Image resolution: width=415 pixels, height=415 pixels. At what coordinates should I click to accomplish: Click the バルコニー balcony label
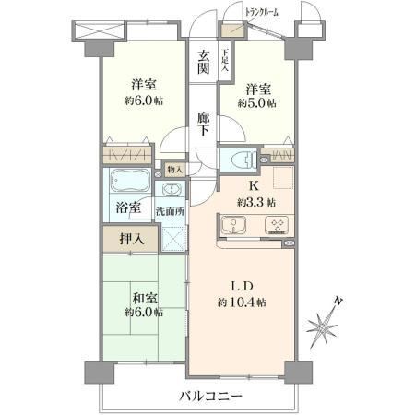coord(210,396)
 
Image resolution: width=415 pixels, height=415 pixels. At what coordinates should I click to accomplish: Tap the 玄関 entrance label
coord(203,62)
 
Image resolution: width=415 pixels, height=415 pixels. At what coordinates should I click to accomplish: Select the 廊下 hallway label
coord(203,125)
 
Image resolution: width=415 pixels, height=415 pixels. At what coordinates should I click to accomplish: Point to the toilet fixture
coord(243,160)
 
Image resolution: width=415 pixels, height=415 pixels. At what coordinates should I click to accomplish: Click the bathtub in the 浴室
coord(130,181)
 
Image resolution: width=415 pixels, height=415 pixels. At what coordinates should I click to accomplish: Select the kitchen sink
coord(233,225)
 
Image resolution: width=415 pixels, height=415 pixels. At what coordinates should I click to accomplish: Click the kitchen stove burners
coord(277,225)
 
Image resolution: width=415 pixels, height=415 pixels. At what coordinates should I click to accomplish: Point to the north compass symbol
coord(323,324)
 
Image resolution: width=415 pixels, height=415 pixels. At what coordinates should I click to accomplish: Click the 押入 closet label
coord(132,239)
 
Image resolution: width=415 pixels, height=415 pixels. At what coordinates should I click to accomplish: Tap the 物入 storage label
coord(175,170)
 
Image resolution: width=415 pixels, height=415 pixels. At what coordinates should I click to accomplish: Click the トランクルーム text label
coord(262,13)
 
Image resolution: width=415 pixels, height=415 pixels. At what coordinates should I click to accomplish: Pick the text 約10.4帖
coord(242,302)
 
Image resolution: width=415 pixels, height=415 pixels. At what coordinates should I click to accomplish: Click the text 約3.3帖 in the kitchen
coord(255,203)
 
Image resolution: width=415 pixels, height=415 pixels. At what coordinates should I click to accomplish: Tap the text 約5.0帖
coord(256,103)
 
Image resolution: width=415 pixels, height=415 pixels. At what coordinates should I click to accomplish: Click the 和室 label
coord(145,298)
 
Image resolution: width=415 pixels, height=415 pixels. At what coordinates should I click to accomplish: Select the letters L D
coord(242,287)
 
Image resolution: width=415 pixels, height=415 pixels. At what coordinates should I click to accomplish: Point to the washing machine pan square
coord(174,239)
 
